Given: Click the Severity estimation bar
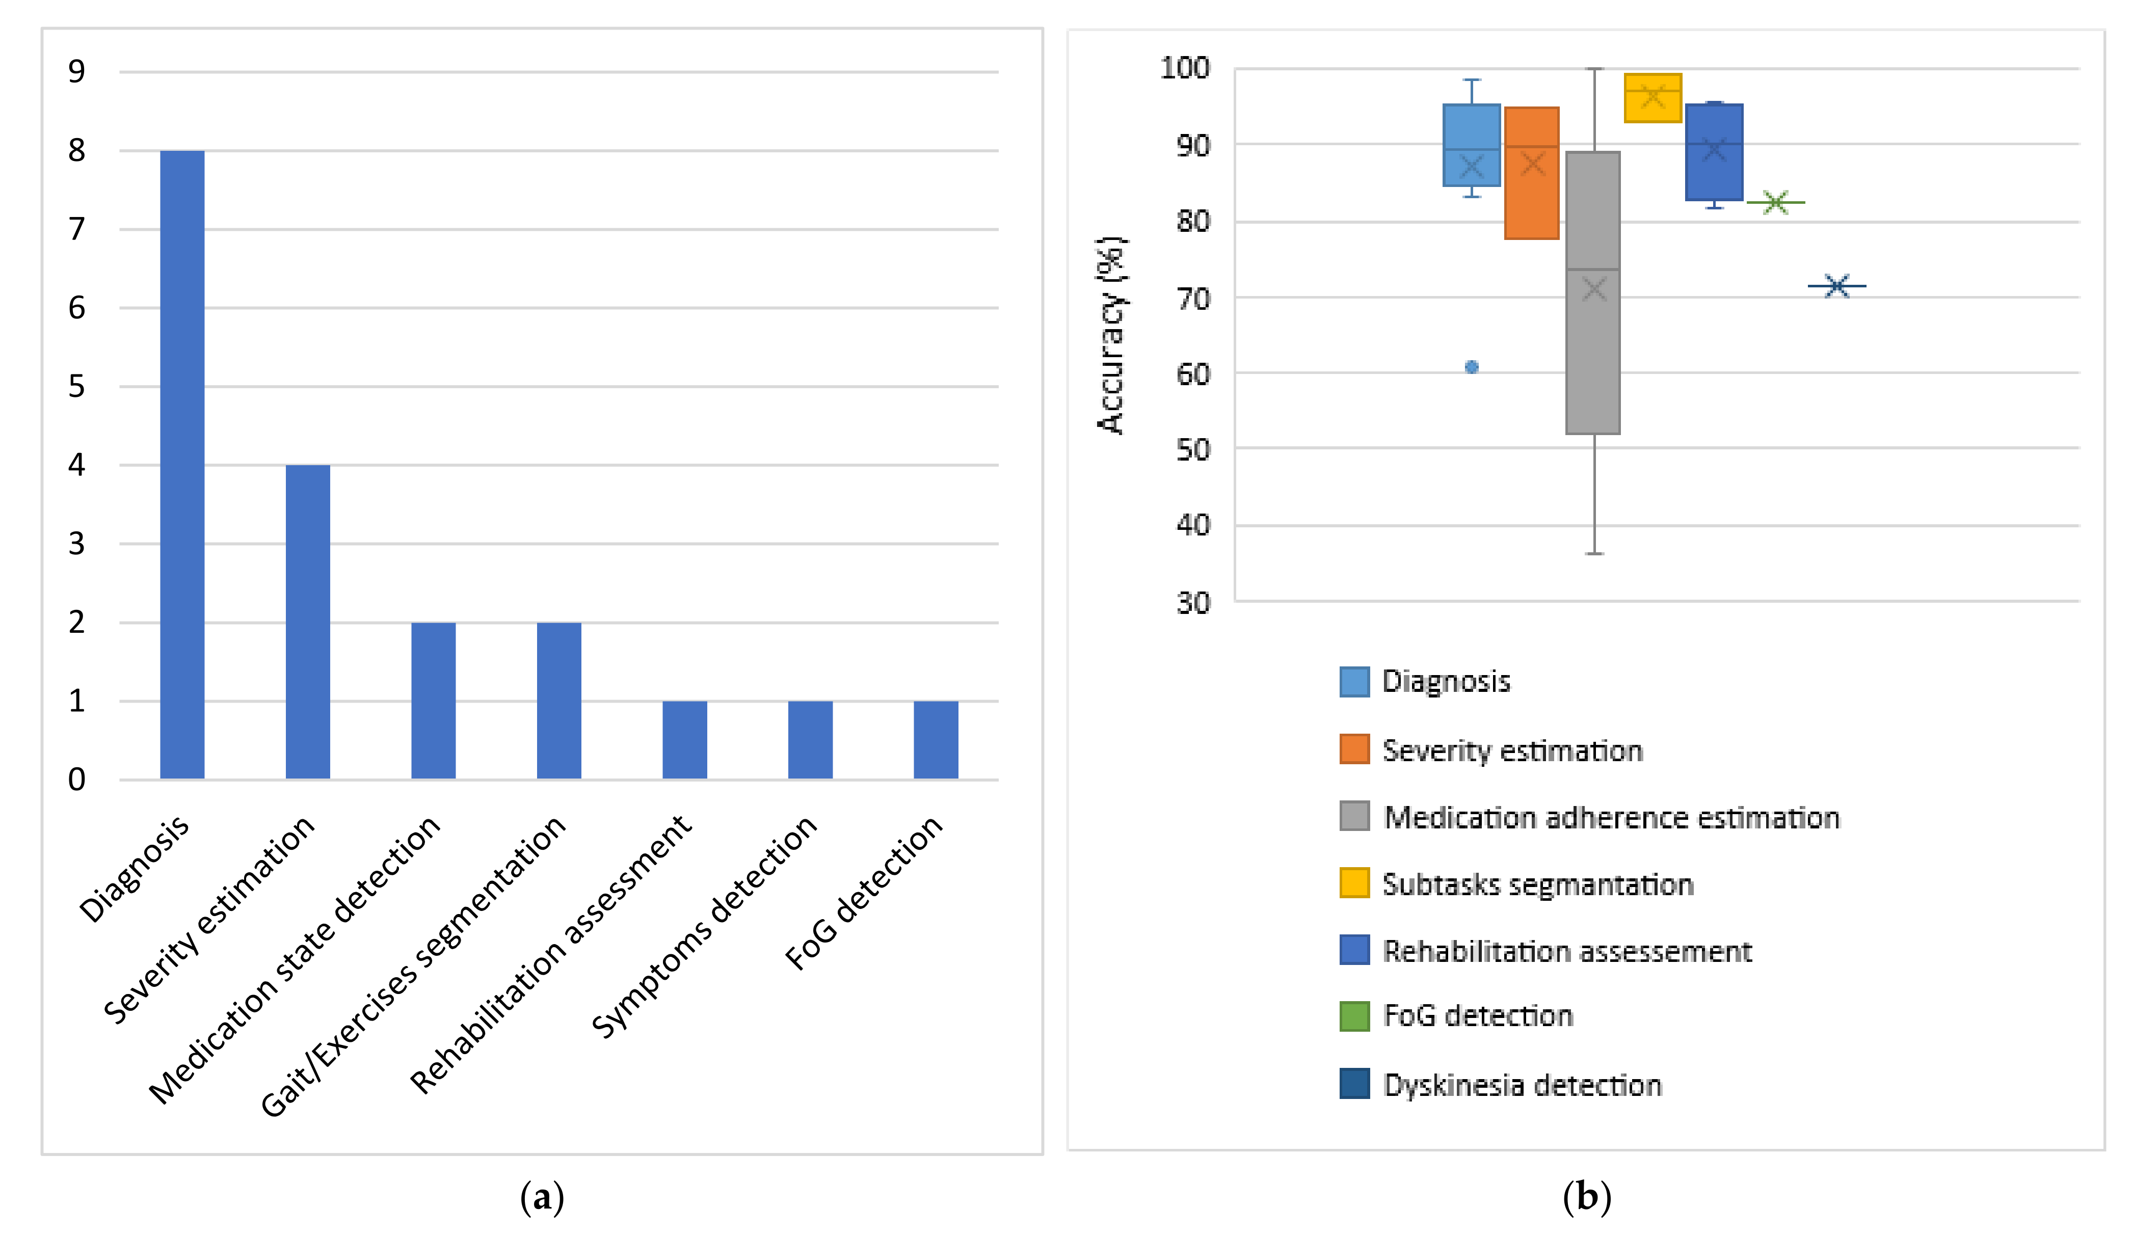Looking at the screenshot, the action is point(308,622).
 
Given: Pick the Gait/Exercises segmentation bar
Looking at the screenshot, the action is point(559,701).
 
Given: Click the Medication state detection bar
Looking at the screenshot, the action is point(433,701).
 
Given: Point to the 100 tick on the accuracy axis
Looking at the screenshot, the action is point(1184,68).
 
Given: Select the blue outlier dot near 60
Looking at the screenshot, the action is point(1472,367).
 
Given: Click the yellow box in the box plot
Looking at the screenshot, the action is point(1653,98).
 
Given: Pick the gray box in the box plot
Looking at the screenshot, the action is point(1593,292).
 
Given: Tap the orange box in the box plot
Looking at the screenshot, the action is point(1532,173).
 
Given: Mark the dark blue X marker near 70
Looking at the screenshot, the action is point(1837,286).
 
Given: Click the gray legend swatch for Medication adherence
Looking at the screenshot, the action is point(1354,816).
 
